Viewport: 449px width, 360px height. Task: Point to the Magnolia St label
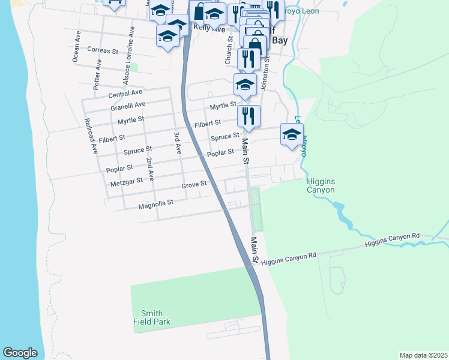pyautogui.click(x=155, y=203)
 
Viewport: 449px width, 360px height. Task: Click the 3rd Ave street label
pyautogui.click(x=178, y=143)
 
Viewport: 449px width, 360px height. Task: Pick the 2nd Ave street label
pyautogui.click(x=151, y=169)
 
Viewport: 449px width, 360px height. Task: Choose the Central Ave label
pyautogui.click(x=125, y=94)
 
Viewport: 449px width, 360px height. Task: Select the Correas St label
pyautogui.click(x=103, y=51)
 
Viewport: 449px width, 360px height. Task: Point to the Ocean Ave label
pyautogui.click(x=76, y=47)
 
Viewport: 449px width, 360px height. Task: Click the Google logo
pyautogui.click(x=20, y=353)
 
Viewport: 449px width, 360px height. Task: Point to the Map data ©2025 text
pyautogui.click(x=423, y=355)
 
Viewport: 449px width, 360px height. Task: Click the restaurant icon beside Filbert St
pyautogui.click(x=248, y=115)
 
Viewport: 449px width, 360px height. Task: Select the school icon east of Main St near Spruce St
pyautogui.click(x=292, y=134)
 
